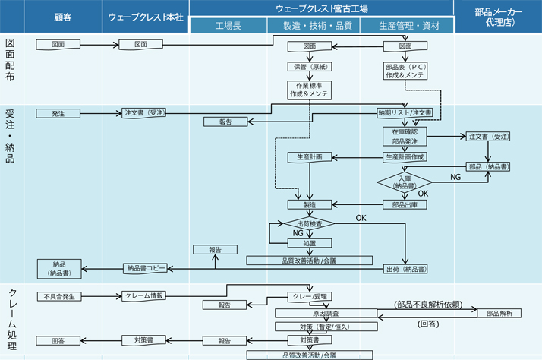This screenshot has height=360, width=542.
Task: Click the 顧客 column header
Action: [63, 16]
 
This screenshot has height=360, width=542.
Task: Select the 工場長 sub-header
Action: [228, 26]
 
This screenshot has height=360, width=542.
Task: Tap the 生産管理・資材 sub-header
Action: [406, 26]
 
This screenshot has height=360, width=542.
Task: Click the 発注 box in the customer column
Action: [58, 113]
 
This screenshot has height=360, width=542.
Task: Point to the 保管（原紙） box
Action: [310, 66]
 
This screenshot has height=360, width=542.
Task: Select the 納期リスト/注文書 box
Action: [405, 113]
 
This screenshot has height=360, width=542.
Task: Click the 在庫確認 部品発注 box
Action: [405, 136]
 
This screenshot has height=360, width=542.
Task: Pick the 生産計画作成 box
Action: [405, 156]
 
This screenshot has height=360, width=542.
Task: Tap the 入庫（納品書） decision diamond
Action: [405, 182]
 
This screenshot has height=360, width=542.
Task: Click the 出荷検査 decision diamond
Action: [309, 224]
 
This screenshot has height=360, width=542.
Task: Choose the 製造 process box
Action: [310, 204]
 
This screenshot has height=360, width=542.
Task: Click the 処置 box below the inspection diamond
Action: [310, 243]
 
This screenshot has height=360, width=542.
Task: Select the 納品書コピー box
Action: [145, 268]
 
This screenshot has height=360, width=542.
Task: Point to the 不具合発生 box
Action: [58, 296]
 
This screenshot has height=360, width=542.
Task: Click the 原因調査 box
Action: [325, 312]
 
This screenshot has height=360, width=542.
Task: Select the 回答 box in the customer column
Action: [58, 340]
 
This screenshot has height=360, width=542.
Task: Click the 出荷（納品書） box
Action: [406, 268]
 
